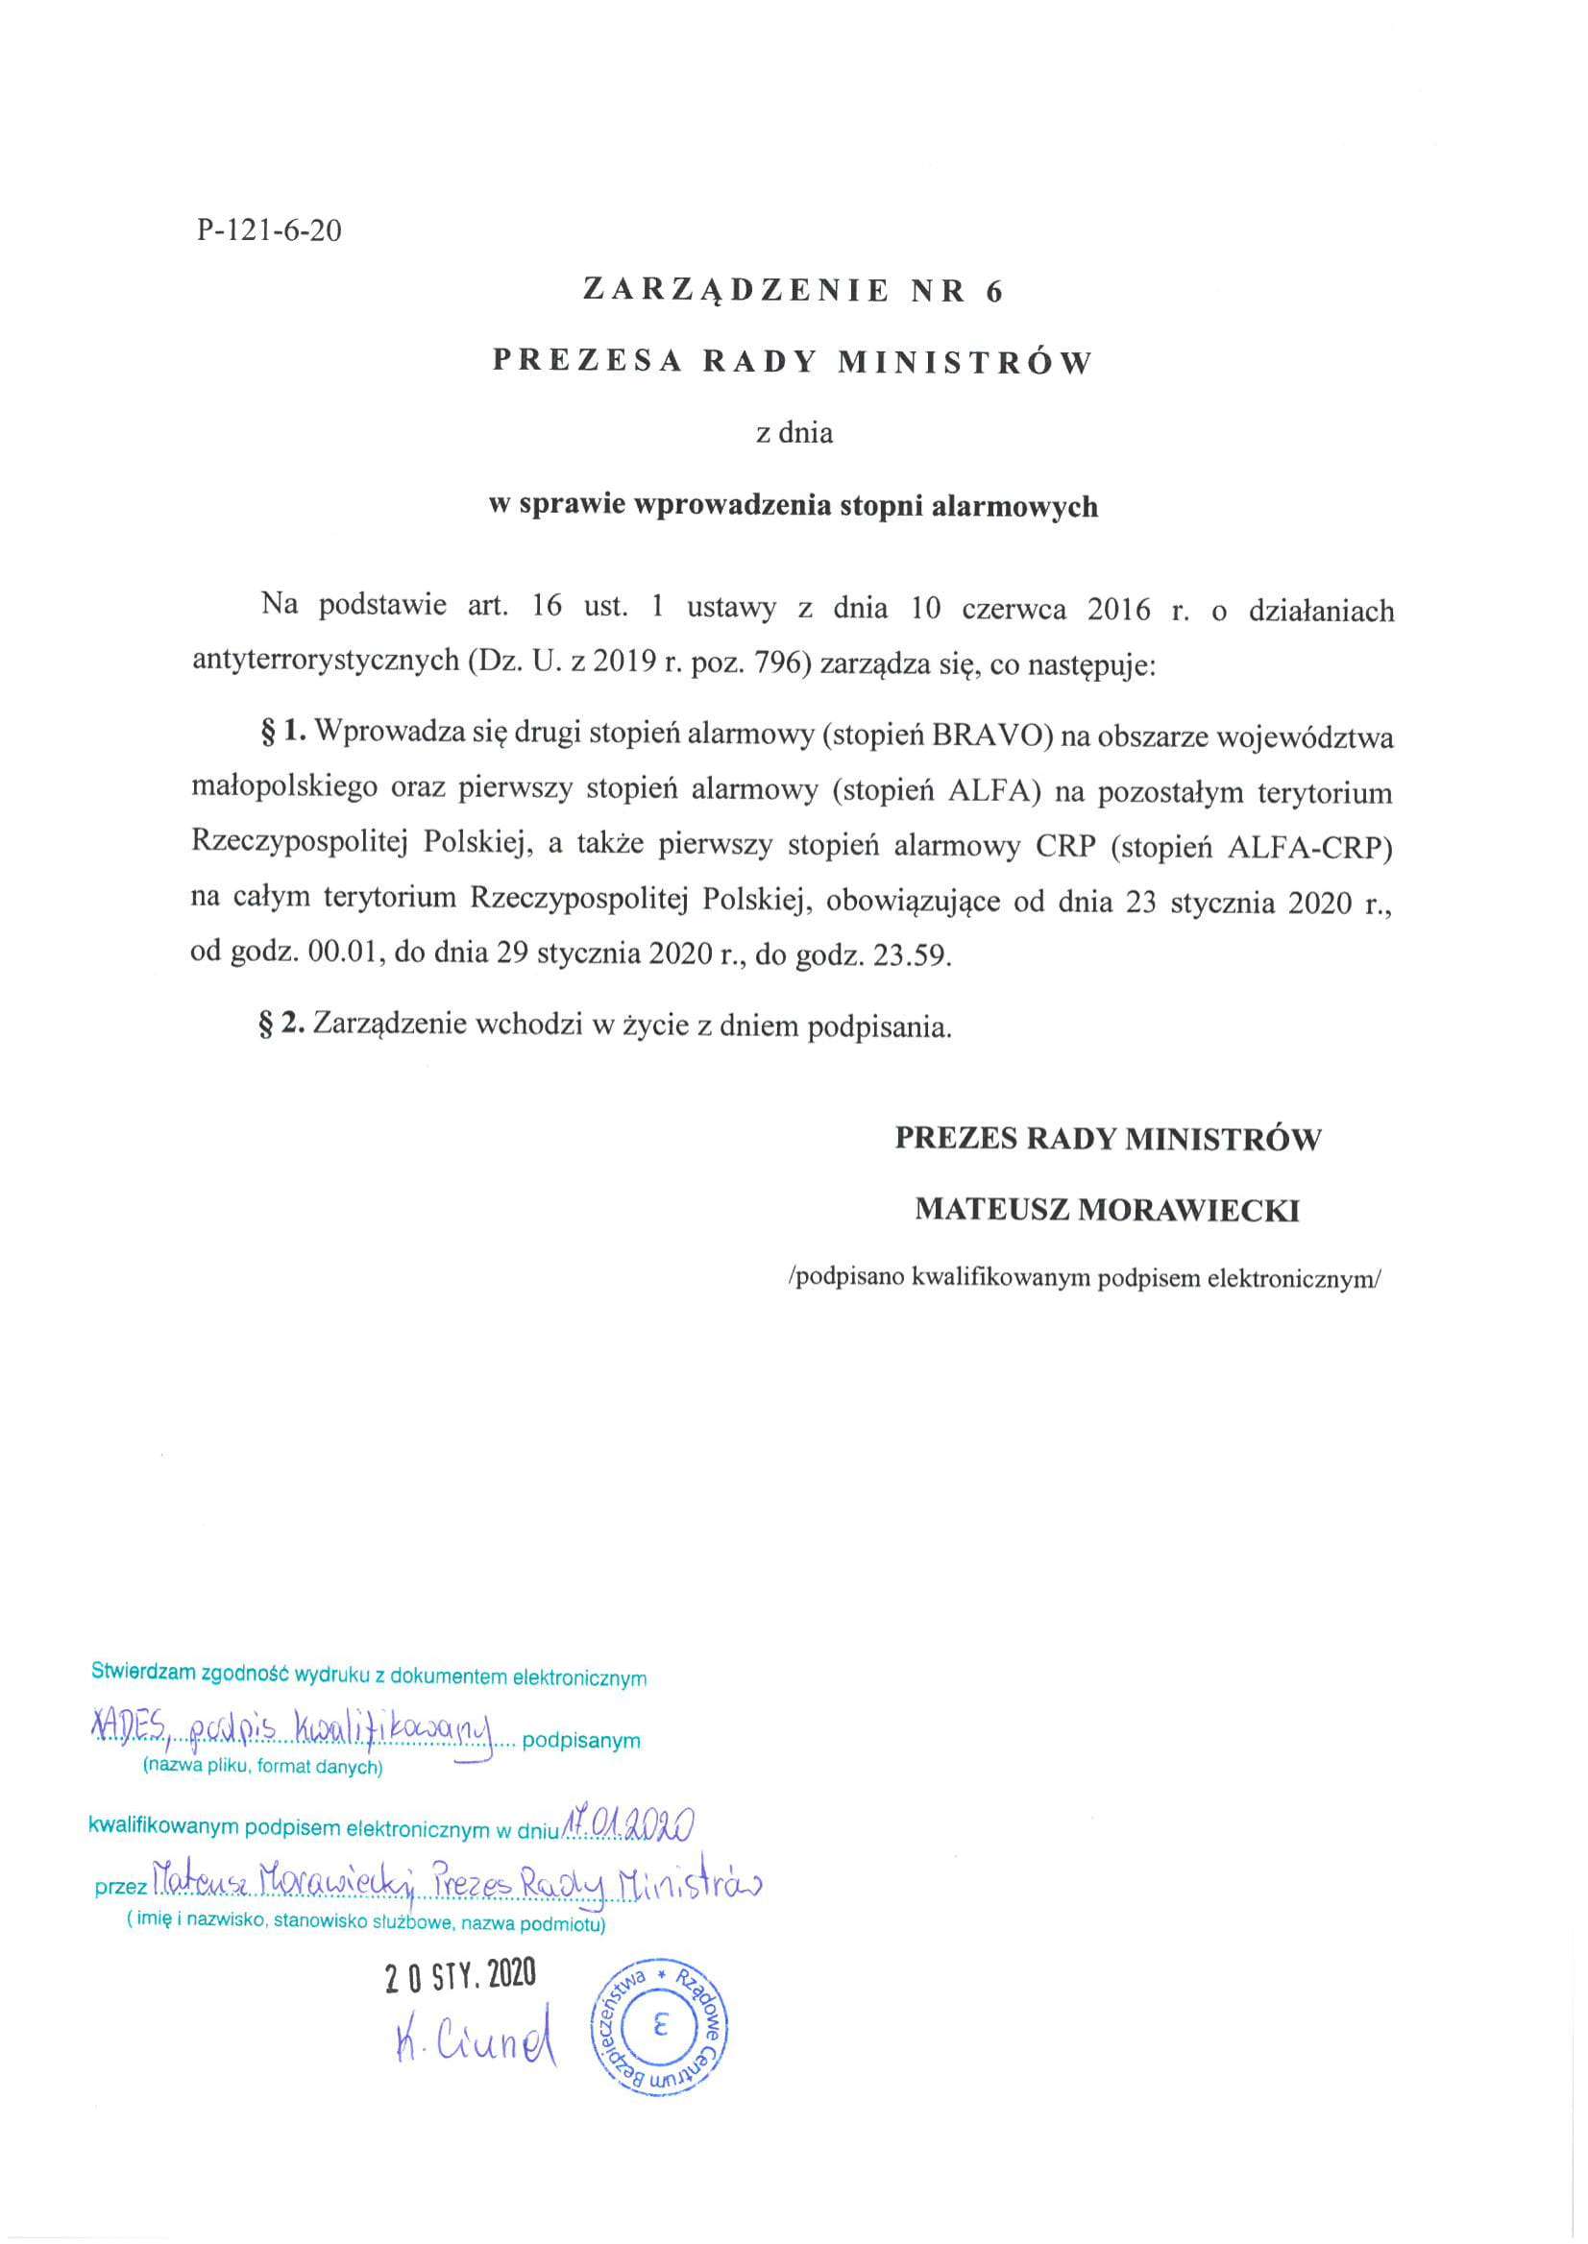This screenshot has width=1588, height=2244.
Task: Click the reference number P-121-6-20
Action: pyautogui.click(x=269, y=230)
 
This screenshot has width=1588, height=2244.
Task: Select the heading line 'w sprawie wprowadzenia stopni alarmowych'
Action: pyautogui.click(x=793, y=505)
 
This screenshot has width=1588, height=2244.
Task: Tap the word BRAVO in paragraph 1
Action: pyautogui.click(x=989, y=736)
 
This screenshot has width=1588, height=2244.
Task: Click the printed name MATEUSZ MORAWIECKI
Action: pyautogui.click(x=1107, y=1211)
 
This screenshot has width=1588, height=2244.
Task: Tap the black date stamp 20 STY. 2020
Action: pyautogui.click(x=460, y=1975)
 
